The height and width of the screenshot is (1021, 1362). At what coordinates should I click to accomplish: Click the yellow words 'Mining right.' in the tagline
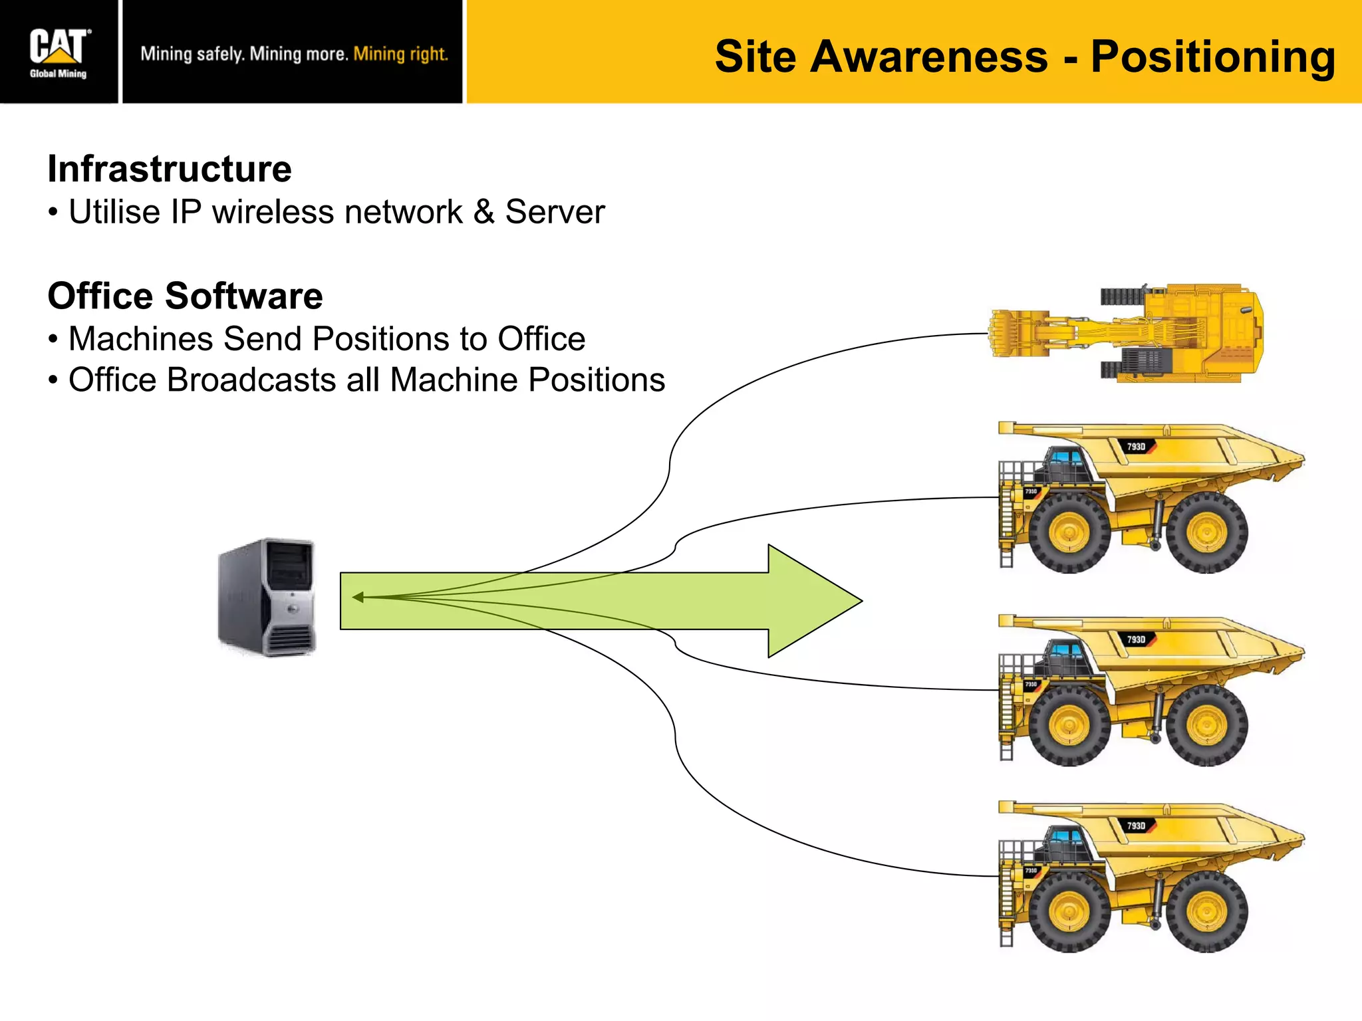[400, 54]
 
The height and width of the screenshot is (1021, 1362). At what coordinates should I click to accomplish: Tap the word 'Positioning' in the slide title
[1212, 57]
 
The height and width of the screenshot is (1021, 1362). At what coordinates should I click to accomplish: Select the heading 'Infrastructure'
[170, 169]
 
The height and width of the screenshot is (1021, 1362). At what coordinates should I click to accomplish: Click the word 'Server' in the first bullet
[555, 212]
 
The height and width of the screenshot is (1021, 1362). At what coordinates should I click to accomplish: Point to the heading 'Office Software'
[185, 296]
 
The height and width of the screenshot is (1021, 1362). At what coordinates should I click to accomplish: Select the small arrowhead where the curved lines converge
[358, 597]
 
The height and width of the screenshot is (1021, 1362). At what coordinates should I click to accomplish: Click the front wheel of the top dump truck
[1069, 533]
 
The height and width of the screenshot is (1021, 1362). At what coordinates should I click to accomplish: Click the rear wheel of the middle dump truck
[1206, 726]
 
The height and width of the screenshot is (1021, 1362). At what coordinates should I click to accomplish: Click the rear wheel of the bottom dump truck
[1206, 912]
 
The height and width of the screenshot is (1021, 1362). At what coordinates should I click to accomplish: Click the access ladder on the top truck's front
[1006, 525]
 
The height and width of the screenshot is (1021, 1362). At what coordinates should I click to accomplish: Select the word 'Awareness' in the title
[929, 57]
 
